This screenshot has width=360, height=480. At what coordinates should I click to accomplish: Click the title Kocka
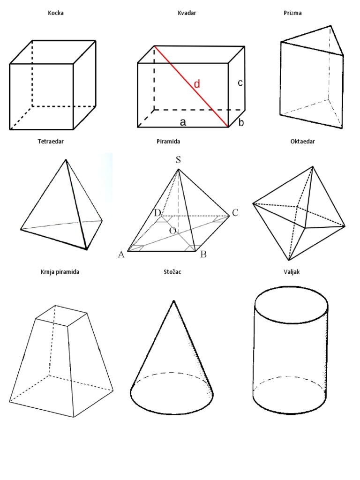pyautogui.click(x=56, y=13)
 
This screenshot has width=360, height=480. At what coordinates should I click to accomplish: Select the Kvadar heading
pyautogui.click(x=187, y=13)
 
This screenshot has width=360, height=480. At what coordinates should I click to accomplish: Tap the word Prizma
pyautogui.click(x=292, y=13)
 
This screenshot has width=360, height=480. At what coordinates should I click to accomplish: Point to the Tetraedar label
pyautogui.click(x=51, y=142)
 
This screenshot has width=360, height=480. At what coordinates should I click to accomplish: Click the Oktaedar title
pyautogui.click(x=302, y=142)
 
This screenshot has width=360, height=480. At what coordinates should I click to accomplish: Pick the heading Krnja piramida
pyautogui.click(x=60, y=272)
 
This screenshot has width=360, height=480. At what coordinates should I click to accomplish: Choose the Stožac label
pyautogui.click(x=172, y=271)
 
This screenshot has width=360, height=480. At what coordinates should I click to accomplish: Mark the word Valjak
pyautogui.click(x=292, y=272)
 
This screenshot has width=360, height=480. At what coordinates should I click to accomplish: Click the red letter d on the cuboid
pyautogui.click(x=197, y=83)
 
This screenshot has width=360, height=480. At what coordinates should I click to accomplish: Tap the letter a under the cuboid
pyautogui.click(x=183, y=122)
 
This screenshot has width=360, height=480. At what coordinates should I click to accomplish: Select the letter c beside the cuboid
pyautogui.click(x=240, y=82)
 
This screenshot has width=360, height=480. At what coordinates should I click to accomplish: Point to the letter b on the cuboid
pyautogui.click(x=241, y=122)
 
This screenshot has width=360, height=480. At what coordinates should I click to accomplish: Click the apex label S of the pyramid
pyautogui.click(x=178, y=160)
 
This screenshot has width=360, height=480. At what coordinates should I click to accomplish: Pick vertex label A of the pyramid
pyautogui.click(x=121, y=255)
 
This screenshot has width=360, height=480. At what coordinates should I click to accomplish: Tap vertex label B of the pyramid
pyautogui.click(x=203, y=255)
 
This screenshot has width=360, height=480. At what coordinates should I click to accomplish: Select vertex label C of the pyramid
pyautogui.click(x=235, y=213)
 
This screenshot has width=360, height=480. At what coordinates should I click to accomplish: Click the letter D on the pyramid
pyautogui.click(x=157, y=213)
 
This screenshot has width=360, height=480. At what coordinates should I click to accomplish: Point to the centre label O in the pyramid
pyautogui.click(x=172, y=231)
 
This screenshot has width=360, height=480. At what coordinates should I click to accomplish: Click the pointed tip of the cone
pyautogui.click(x=173, y=300)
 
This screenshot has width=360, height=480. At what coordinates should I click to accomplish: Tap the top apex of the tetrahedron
pyautogui.click(x=66, y=159)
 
